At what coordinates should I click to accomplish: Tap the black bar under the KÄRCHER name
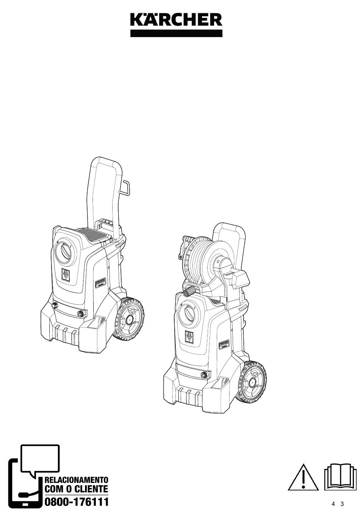[x=176, y=33]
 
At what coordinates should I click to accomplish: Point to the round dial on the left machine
[x=65, y=252]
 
